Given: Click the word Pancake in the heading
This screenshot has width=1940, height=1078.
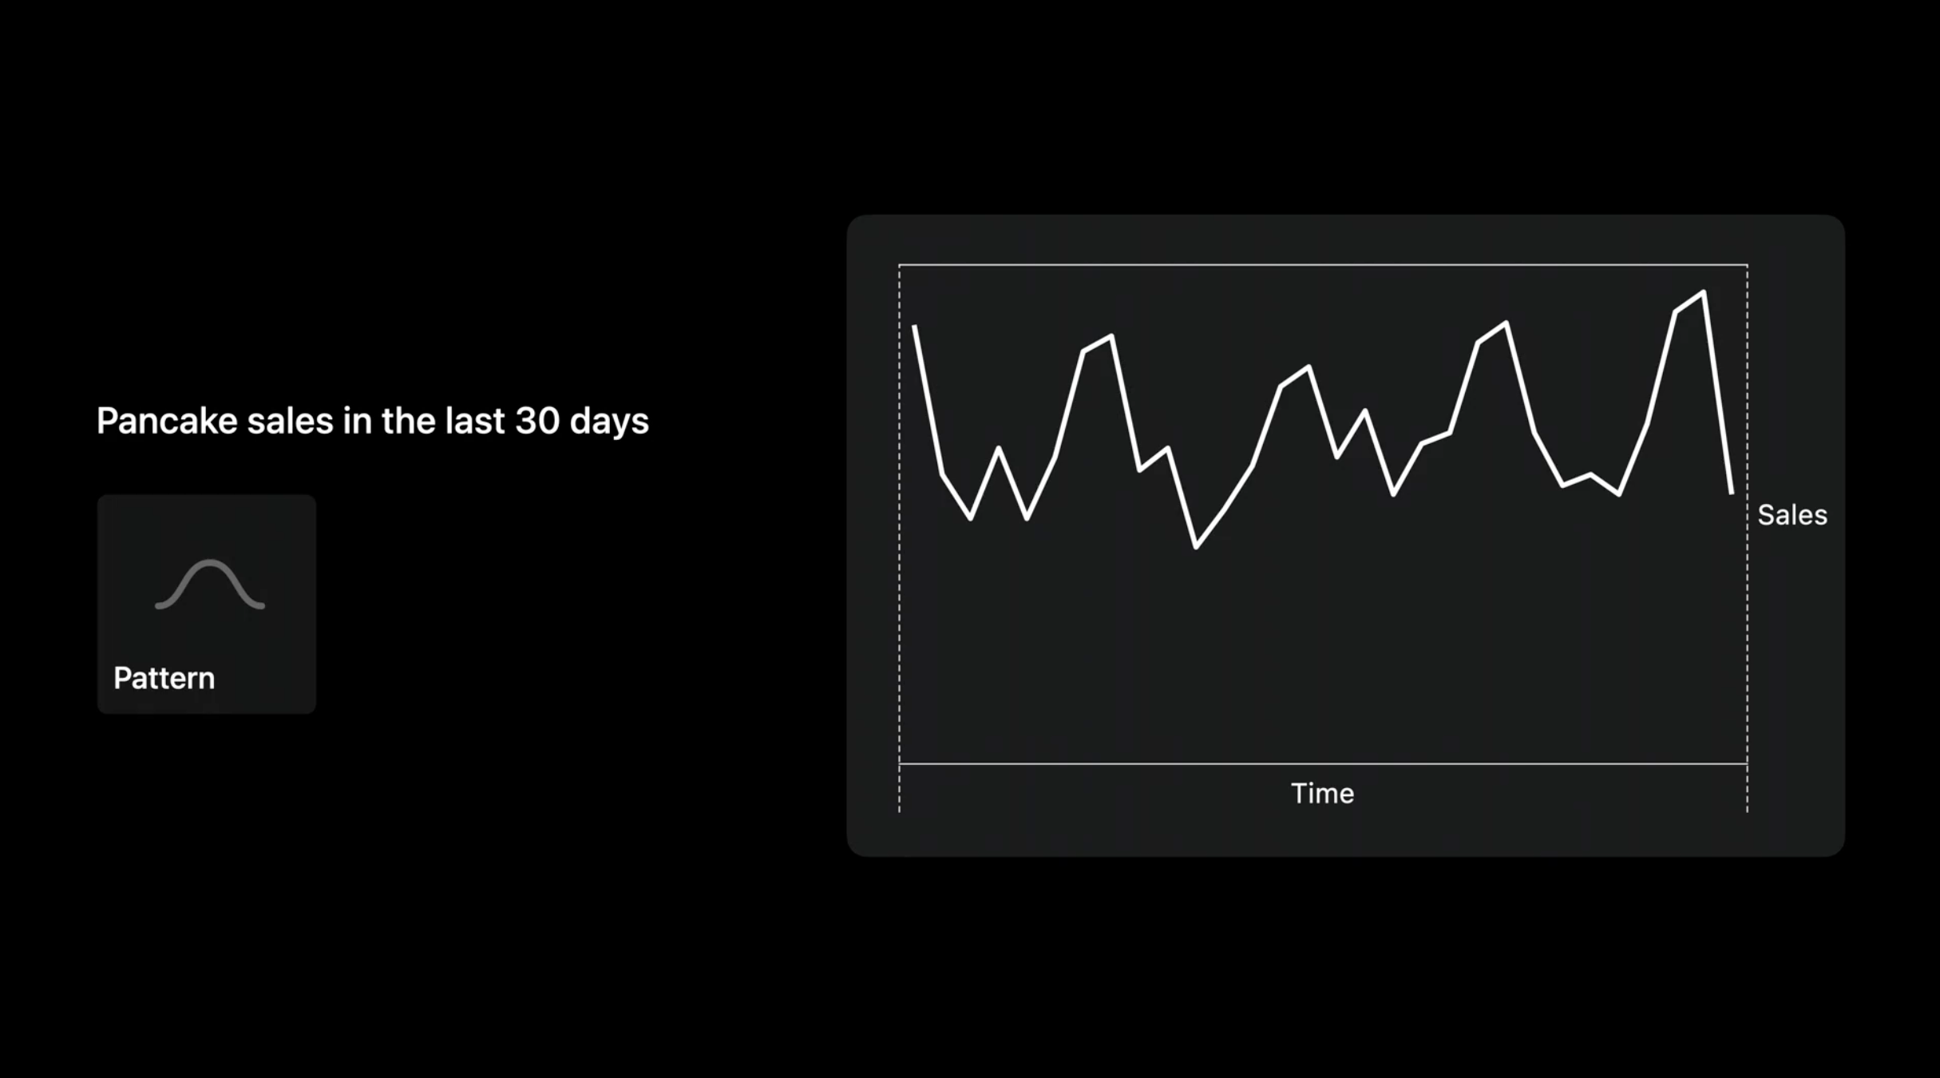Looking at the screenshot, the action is point(167,421).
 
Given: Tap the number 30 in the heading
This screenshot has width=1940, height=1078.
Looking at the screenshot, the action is point(537,421).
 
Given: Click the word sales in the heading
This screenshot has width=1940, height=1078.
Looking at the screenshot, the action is point(290,421).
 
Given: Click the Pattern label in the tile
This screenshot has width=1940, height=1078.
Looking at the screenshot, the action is point(164,678).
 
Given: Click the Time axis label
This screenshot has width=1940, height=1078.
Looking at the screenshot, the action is point(1322,793).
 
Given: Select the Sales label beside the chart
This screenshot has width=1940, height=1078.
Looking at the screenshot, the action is point(1792,515).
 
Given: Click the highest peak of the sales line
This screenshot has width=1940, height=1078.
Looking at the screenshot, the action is point(1704,292).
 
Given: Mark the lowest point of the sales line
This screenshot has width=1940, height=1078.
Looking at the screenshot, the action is point(1196,548).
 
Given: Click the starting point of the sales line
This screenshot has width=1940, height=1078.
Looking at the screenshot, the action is point(914,326).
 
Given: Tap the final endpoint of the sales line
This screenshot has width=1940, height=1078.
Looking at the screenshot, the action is point(1732,493).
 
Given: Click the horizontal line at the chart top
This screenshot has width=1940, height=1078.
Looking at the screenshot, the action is point(1323,264).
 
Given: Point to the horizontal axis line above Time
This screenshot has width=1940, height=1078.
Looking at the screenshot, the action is point(1323,764).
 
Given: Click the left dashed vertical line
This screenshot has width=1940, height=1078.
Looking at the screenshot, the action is point(900,539).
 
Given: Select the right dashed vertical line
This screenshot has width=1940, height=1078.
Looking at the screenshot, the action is point(1748,539).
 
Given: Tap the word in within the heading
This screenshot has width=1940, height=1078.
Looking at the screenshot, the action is point(357,421).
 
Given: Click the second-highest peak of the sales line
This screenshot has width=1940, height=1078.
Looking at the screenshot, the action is point(1506,323).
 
